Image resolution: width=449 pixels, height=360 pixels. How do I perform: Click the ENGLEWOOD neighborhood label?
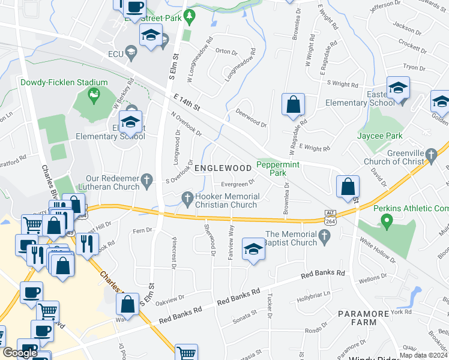tap(222, 168)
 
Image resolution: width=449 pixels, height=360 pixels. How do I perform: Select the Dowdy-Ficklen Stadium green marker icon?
tap(93, 94)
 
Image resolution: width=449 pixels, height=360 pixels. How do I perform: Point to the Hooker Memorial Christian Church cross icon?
tap(187, 197)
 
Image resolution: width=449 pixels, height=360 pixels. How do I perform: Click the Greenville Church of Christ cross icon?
tap(430, 156)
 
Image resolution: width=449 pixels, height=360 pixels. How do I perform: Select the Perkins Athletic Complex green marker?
tap(387, 223)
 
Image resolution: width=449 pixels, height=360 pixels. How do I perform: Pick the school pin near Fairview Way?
tap(253, 249)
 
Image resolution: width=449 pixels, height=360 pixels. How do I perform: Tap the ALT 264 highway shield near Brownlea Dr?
tap(330, 216)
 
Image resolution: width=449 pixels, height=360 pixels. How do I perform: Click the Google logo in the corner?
tap(19, 353)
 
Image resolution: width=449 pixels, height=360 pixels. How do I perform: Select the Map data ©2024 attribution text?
tap(423, 355)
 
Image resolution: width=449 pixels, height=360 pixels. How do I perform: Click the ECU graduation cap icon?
tap(130, 54)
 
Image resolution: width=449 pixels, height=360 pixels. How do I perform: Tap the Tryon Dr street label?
tap(414, 67)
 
